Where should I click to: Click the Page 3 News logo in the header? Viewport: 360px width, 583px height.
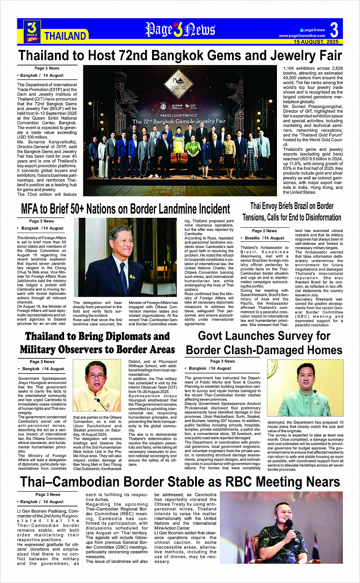[32, 31]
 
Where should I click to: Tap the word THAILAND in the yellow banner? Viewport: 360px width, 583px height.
[65, 36]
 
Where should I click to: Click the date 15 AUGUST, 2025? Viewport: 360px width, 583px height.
[316, 42]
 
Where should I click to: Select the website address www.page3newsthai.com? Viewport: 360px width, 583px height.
[302, 36]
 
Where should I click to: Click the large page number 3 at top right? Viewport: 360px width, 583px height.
[334, 30]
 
